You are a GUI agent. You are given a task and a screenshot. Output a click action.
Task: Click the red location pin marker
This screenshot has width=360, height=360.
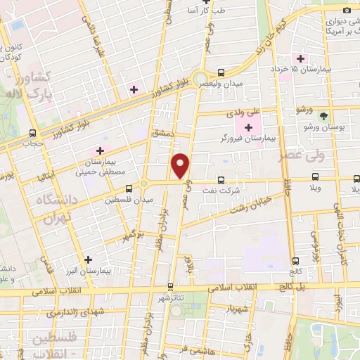click(181, 165)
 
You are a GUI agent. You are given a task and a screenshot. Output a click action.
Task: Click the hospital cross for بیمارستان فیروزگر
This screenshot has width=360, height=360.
click(247, 127)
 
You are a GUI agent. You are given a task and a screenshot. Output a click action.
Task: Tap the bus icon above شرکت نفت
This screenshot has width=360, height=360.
click(221, 180)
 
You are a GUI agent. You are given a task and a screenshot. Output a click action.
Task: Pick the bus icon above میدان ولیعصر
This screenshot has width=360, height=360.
click(221, 72)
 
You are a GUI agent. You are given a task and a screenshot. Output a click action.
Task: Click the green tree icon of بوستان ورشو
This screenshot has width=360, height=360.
click(323, 115)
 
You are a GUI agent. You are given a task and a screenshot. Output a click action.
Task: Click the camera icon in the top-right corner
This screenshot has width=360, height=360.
click(346, 10)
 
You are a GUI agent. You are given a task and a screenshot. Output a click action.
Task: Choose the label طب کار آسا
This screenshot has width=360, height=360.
click(191, 11)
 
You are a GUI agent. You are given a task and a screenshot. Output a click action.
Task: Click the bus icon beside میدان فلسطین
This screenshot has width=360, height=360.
click(128, 188)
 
